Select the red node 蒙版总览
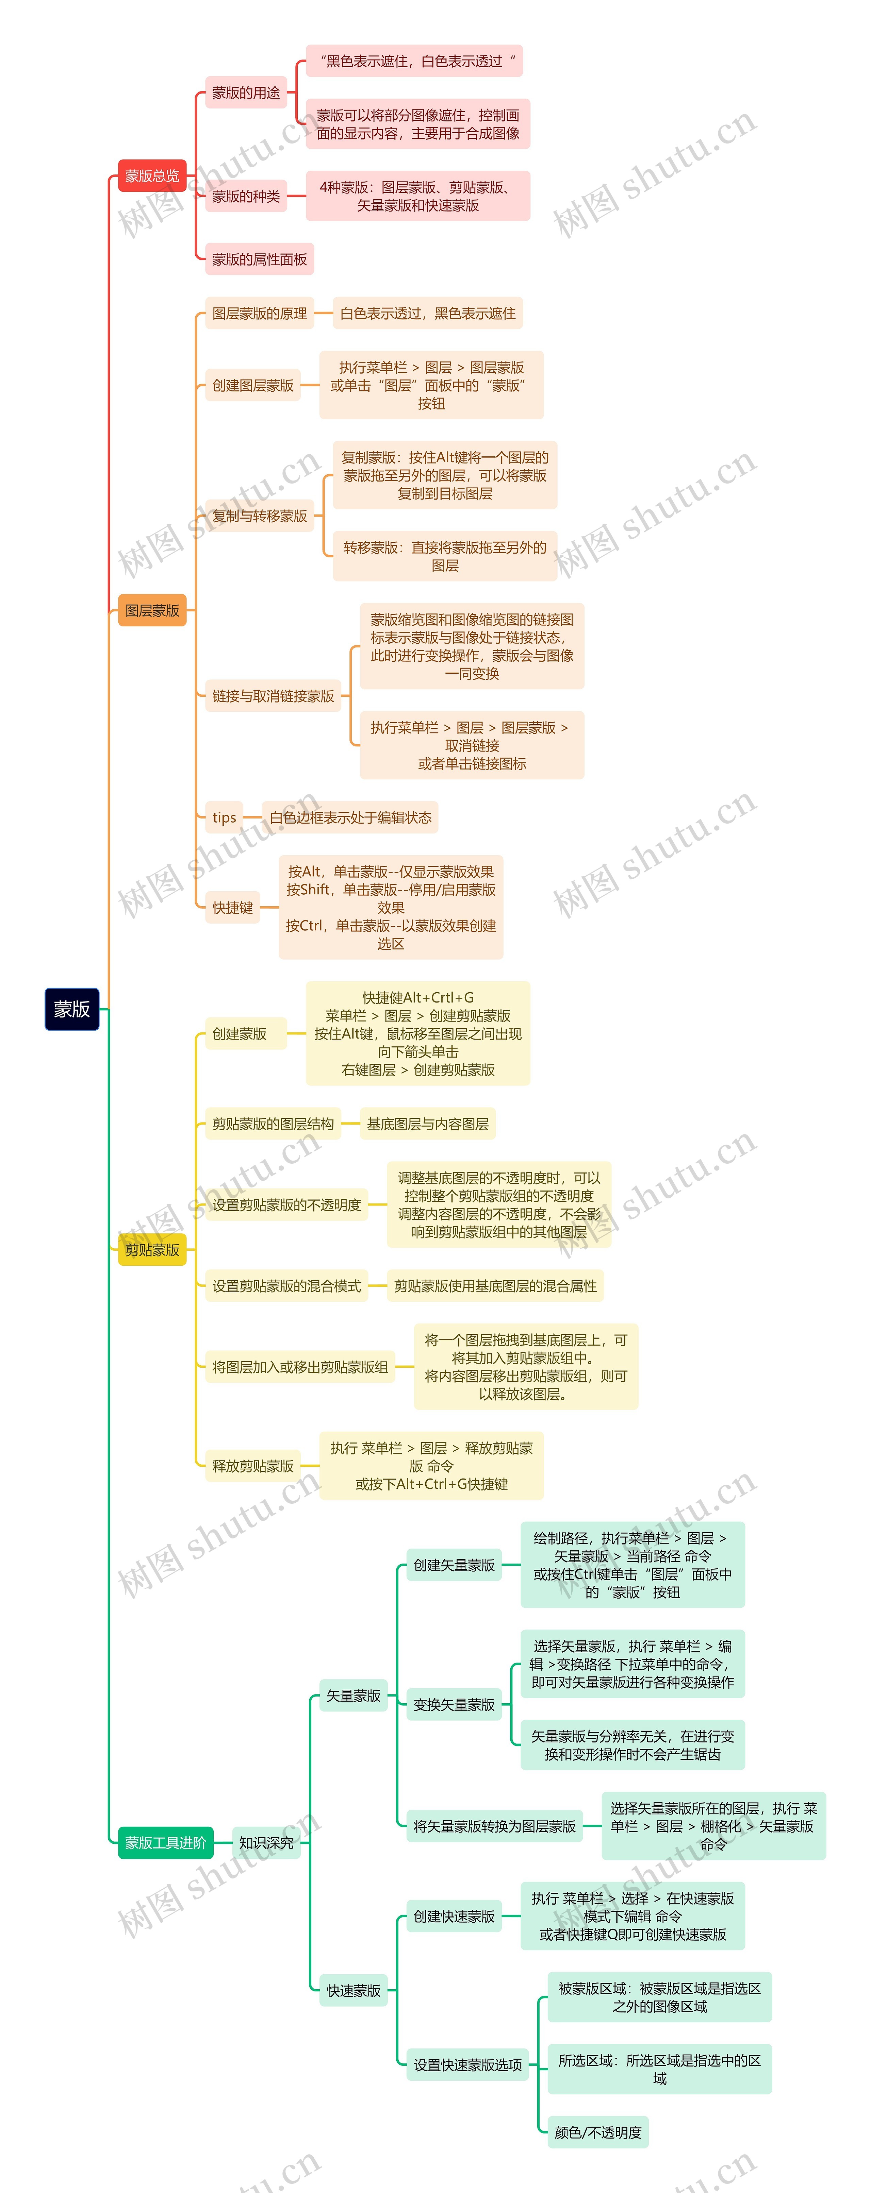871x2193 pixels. point(151,176)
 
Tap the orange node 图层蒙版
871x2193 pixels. point(151,610)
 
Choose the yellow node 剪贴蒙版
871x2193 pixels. point(151,1250)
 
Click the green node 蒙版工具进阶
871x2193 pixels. point(165,1842)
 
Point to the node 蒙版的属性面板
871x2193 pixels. point(259,259)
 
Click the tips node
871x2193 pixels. point(224,817)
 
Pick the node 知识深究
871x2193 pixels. point(266,1842)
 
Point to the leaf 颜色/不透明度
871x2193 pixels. point(598,2132)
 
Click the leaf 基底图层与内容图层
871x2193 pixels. point(427,1124)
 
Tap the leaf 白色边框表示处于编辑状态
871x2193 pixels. point(350,817)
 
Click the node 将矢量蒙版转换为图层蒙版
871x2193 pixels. point(494,1826)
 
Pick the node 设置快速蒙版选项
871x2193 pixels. point(467,2064)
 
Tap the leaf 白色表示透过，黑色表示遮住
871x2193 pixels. point(427,313)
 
